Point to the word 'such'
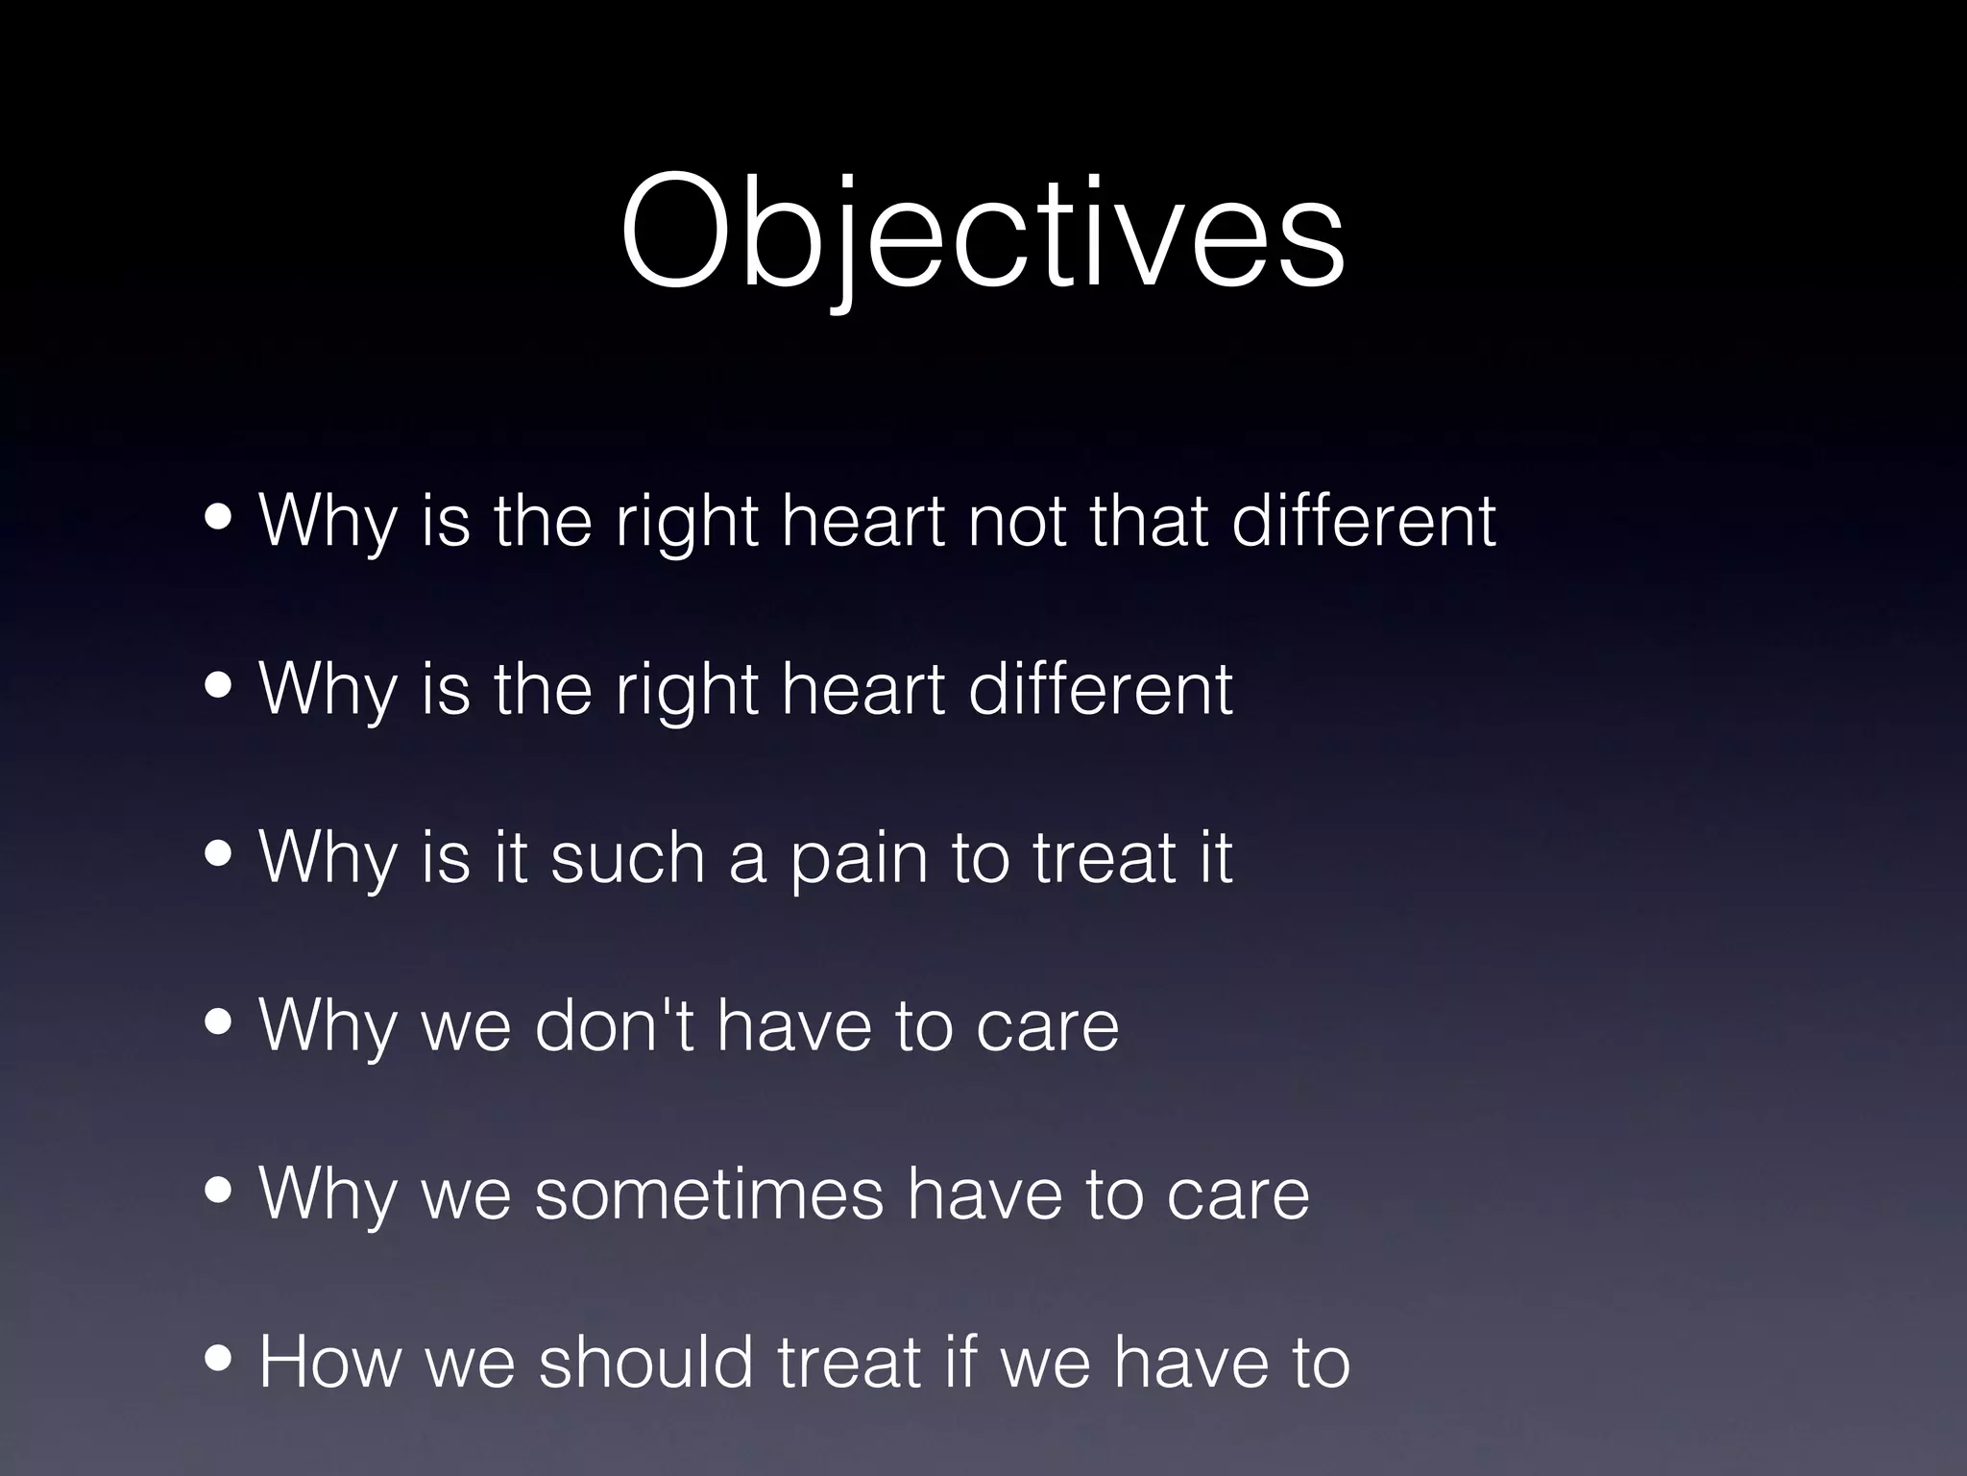[x=627, y=857]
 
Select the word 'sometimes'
[x=709, y=1194]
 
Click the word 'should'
[x=645, y=1363]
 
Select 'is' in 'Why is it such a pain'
[x=446, y=857]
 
